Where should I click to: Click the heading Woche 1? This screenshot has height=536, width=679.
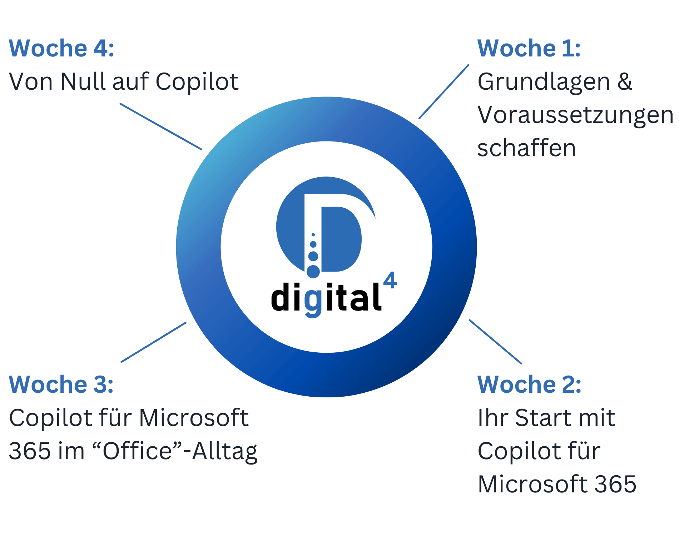[x=529, y=48]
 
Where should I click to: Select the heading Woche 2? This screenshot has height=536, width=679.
[x=529, y=384]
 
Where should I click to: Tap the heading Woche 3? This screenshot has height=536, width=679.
[x=61, y=384]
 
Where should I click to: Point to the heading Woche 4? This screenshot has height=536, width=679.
[x=61, y=48]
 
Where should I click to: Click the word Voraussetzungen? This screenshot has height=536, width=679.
[x=575, y=115]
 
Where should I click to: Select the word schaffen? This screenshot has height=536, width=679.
[x=527, y=148]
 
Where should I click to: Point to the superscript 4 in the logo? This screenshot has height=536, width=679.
[x=390, y=281]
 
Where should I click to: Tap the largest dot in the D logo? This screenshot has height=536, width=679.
[x=313, y=272]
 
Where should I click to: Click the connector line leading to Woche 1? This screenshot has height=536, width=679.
[x=444, y=91]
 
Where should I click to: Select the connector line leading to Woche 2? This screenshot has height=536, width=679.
[x=495, y=342]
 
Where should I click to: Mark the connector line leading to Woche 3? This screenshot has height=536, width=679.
[x=154, y=342]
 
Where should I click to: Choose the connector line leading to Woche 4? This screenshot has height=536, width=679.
[x=161, y=126]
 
